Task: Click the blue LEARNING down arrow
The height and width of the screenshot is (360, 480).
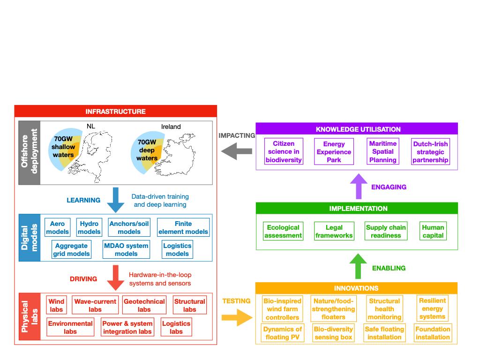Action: tap(115, 200)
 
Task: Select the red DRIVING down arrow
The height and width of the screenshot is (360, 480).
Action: tap(115, 277)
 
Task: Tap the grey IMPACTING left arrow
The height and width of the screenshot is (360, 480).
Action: tap(236, 151)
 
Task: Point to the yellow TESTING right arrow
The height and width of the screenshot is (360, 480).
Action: tap(237, 317)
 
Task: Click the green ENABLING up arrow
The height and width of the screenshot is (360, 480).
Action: tap(358, 266)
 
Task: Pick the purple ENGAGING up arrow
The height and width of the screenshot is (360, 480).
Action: tap(359, 186)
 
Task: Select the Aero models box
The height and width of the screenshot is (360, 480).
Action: tap(58, 227)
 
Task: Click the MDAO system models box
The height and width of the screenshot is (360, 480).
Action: tap(126, 249)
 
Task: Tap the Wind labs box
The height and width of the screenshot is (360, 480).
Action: tap(56, 305)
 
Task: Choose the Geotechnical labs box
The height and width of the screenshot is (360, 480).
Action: tap(144, 305)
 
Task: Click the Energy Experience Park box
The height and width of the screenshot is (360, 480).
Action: tap(334, 151)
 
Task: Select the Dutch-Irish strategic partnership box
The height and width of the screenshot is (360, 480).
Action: tap(430, 151)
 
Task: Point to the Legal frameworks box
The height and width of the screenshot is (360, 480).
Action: tap(334, 231)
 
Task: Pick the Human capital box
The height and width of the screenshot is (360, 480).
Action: tap(433, 231)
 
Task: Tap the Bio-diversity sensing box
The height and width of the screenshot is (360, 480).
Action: tap(333, 333)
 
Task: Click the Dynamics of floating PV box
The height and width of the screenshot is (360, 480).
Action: tap(283, 333)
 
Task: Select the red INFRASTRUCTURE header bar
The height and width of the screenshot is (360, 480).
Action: tap(116, 111)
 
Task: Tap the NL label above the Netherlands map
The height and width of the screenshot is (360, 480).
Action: tap(91, 126)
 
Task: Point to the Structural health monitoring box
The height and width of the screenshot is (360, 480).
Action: tap(384, 309)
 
